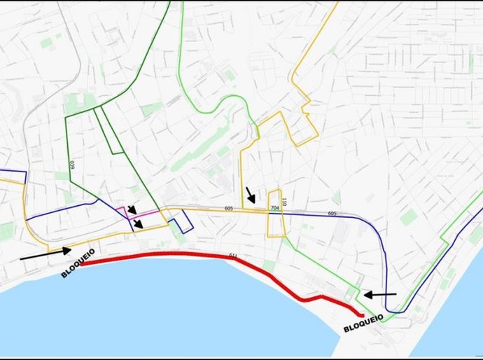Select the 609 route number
tap(71, 165)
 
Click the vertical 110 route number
tap(284, 202)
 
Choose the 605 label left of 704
tap(229, 208)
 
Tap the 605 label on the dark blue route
tap(332, 213)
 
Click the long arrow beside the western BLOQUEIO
tap(45, 254)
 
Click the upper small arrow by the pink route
tap(132, 209)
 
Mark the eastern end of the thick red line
tap(361, 314)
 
